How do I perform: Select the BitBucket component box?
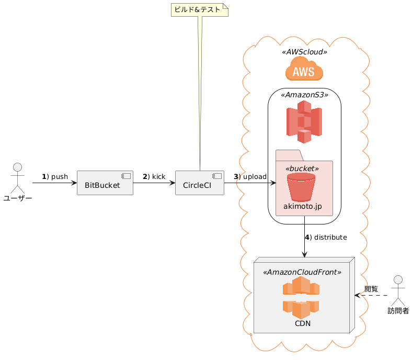point(105,183)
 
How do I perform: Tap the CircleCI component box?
point(200,183)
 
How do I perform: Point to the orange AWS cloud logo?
point(304,69)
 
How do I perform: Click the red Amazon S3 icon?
point(304,122)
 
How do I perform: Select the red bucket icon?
point(304,187)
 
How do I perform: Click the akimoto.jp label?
point(304,207)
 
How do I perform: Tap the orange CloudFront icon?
point(301,298)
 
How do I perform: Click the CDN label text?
point(303,323)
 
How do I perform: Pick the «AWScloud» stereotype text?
point(304,52)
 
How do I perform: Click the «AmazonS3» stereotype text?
point(304,95)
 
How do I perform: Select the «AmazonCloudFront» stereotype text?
point(302,272)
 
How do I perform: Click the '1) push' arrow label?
point(55,176)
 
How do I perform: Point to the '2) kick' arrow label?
point(154,176)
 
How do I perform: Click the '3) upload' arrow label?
point(250,176)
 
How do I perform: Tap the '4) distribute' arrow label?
point(325,237)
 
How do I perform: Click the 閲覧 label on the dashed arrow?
point(371,288)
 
